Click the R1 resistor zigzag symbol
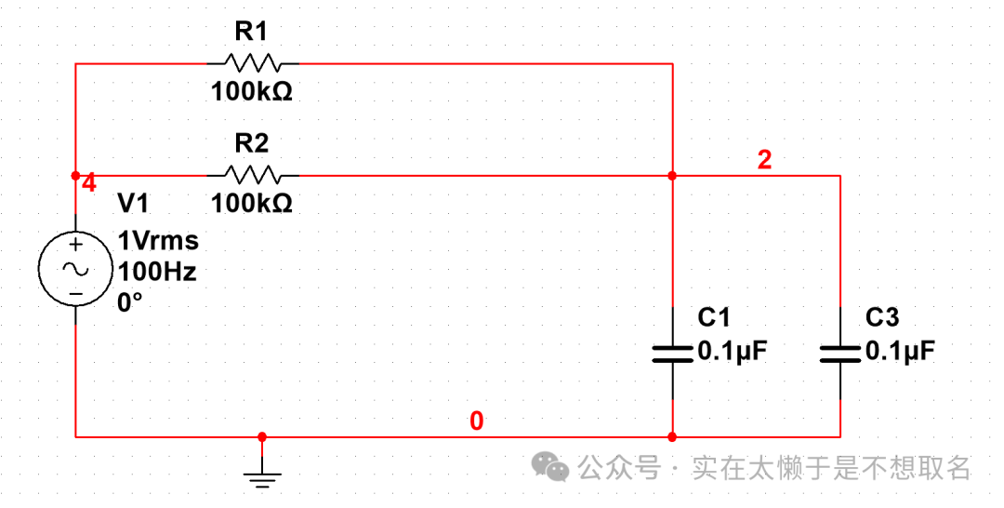tap(253, 63)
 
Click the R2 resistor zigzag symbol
tap(253, 174)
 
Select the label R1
tap(251, 33)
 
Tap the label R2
tap(251, 143)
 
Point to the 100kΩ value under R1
tap(252, 92)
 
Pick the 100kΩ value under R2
tap(252, 203)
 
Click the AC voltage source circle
tap(75, 268)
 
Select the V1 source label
tap(132, 204)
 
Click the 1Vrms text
tap(158, 241)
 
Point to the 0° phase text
tap(130, 302)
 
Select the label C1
tap(714, 318)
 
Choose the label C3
tap(882, 318)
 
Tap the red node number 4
tap(89, 183)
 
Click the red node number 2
tap(764, 160)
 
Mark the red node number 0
tap(476, 421)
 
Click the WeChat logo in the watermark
tap(556, 467)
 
